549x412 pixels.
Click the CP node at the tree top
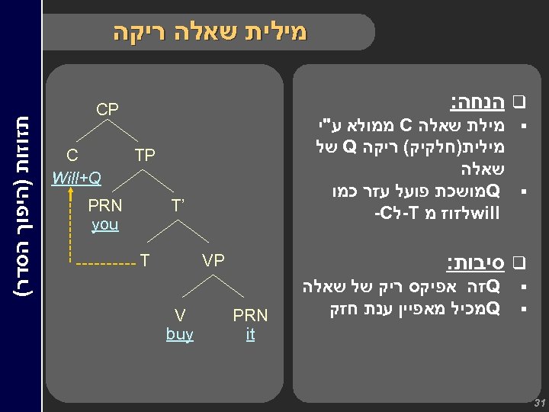(x=108, y=110)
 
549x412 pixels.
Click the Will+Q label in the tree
(x=75, y=179)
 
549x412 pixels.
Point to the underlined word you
(x=104, y=225)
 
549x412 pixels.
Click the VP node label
(x=213, y=261)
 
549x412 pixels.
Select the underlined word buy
(x=179, y=334)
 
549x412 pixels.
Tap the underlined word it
(x=250, y=334)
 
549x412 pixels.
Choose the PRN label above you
(x=104, y=206)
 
